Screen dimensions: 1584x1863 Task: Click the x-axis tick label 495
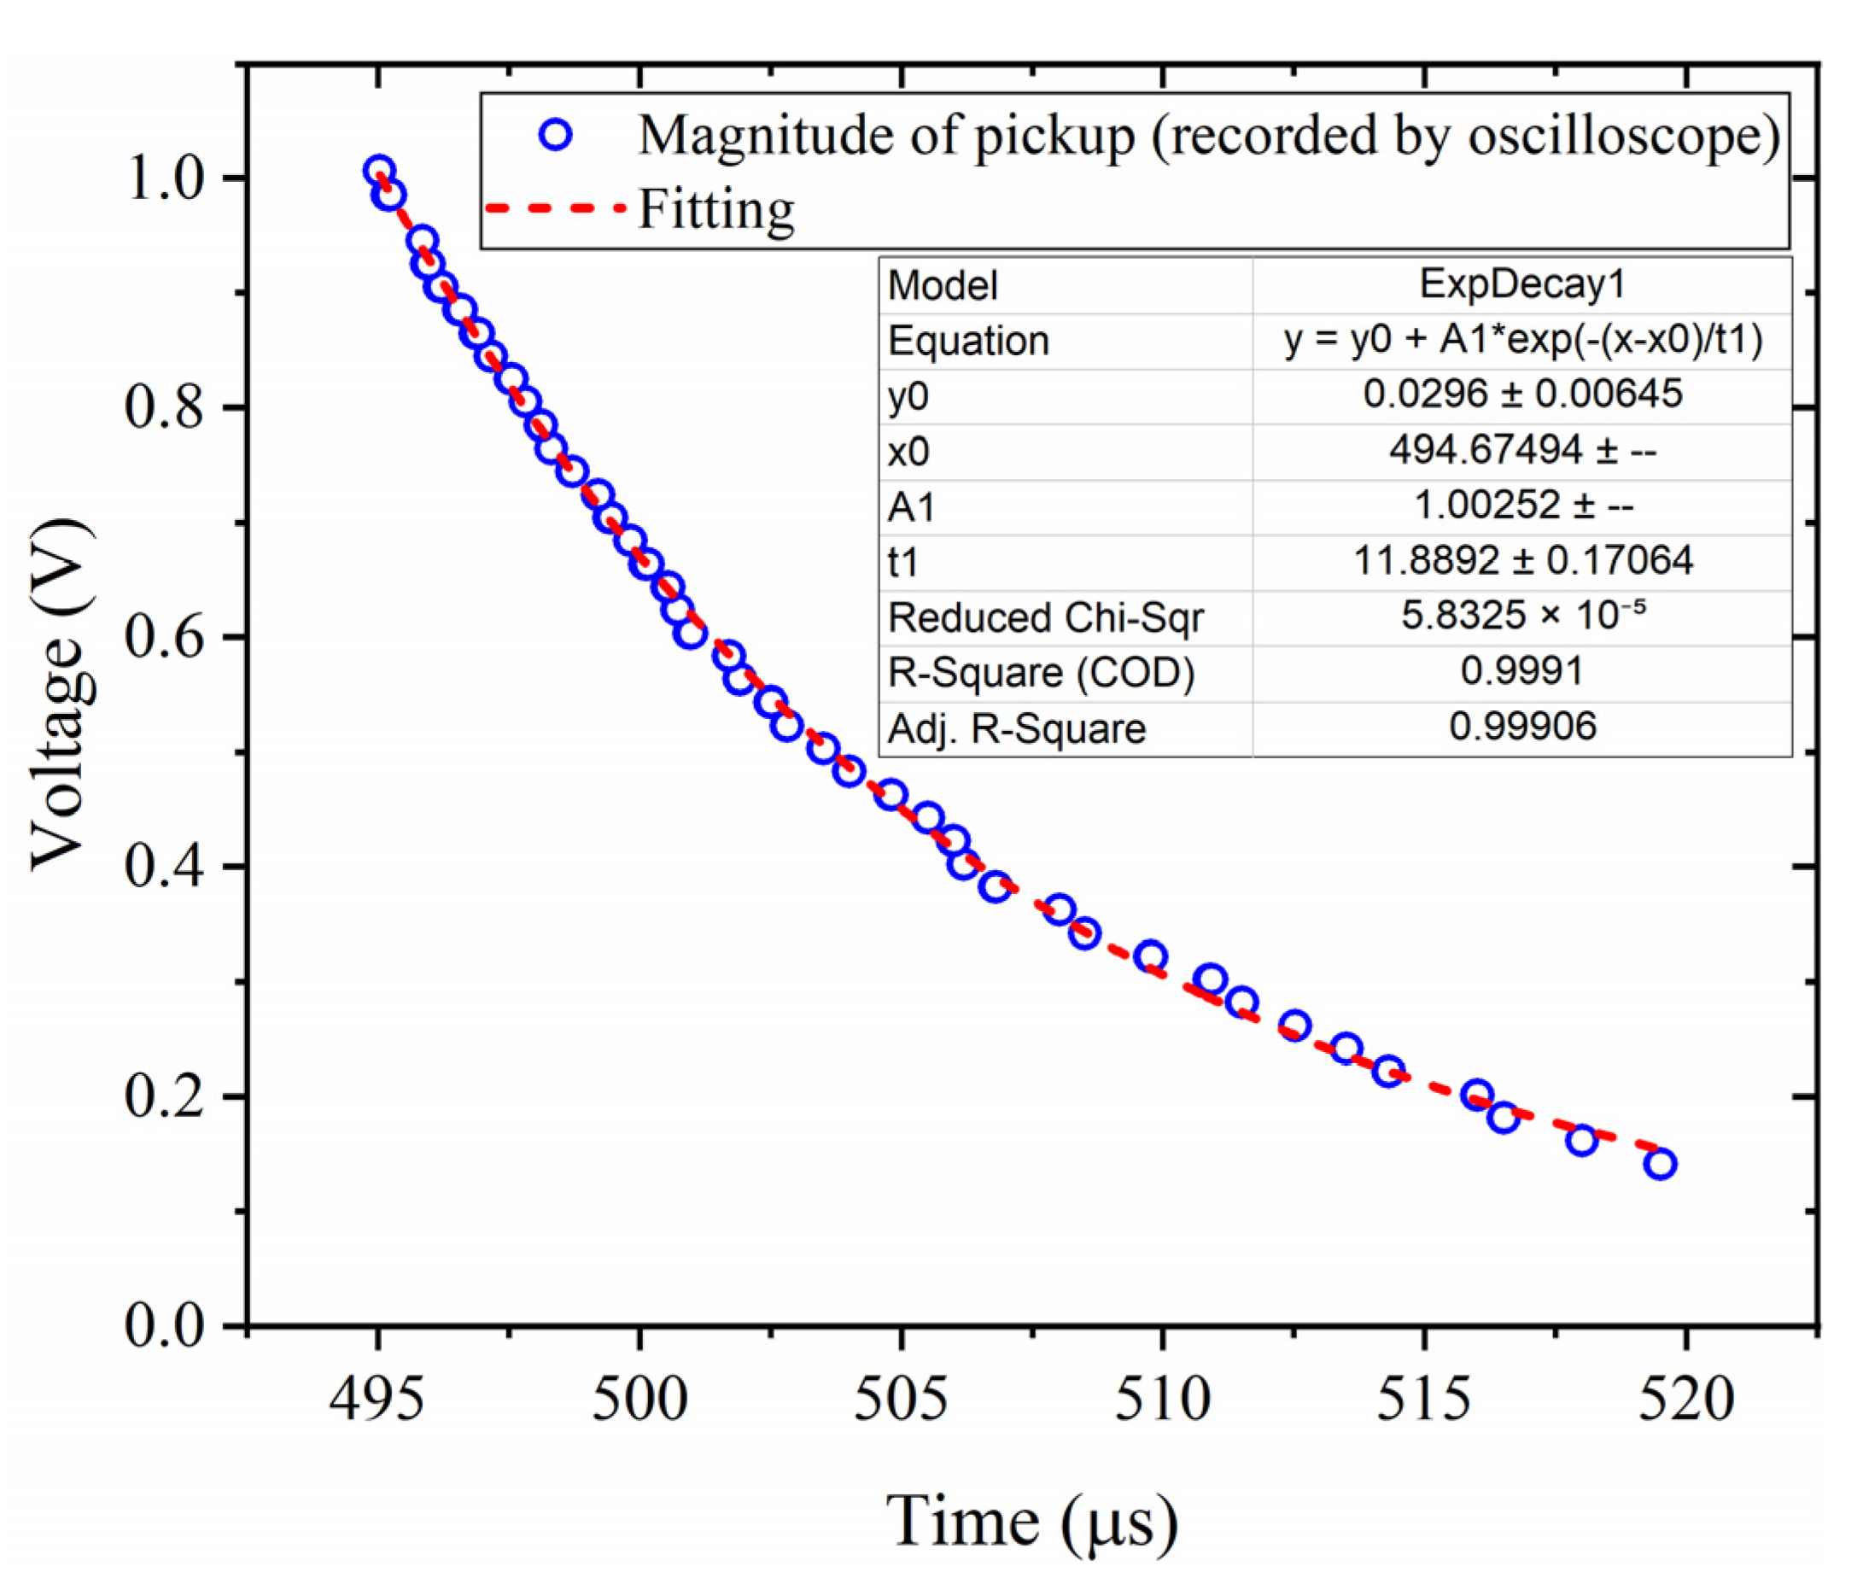(377, 1400)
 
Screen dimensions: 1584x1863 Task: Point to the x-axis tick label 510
(1162, 1400)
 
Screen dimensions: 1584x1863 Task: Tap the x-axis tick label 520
(1685, 1400)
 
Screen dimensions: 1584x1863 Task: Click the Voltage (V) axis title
(61, 694)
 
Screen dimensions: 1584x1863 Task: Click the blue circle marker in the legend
(556, 136)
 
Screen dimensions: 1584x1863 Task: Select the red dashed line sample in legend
(554, 208)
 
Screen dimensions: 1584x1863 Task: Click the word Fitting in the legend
(715, 209)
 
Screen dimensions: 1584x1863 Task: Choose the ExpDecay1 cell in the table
(1521, 284)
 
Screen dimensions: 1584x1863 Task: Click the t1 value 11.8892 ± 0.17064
(1521, 561)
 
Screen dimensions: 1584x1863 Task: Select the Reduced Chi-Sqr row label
(1045, 617)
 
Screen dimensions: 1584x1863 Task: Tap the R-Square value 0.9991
(1521, 672)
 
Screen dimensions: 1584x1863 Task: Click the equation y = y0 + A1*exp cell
(1521, 341)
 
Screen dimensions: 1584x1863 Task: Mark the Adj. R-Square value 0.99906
(1521, 727)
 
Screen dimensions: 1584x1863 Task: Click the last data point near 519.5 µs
(1660, 1165)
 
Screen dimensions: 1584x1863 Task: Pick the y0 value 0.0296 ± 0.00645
(1521, 395)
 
